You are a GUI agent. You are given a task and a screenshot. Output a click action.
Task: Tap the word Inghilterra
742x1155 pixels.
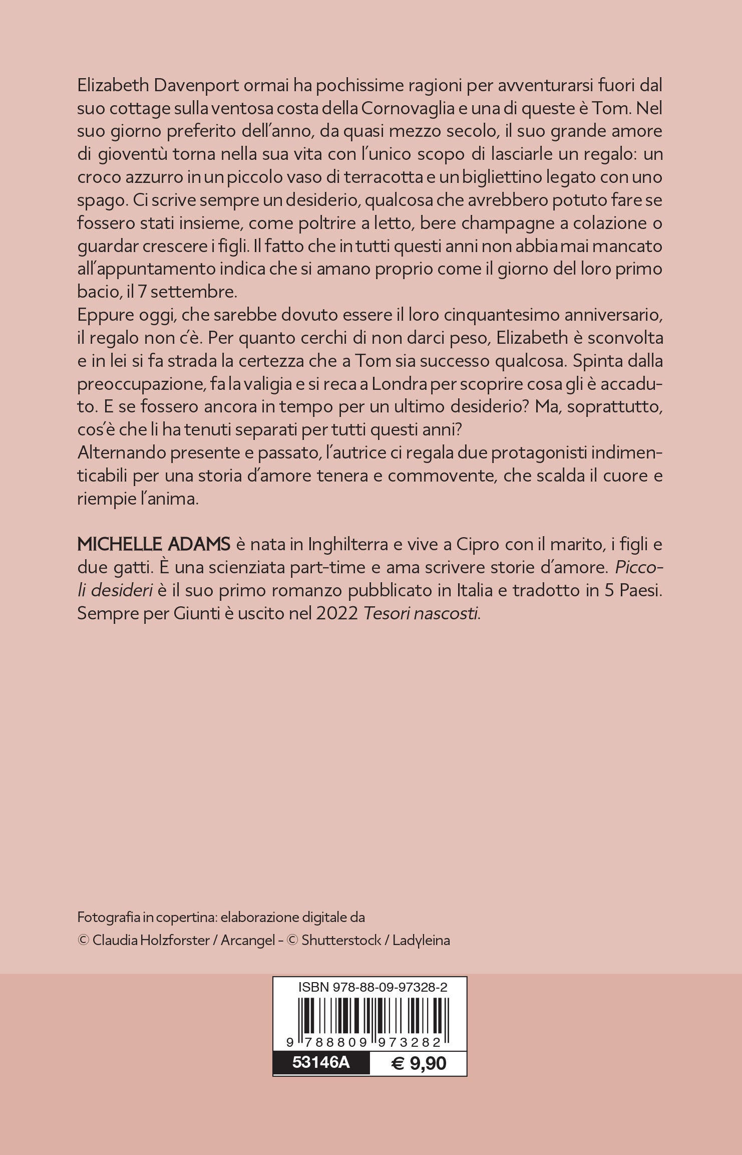[x=348, y=544]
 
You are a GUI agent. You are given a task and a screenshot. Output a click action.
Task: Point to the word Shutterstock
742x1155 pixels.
[x=341, y=940]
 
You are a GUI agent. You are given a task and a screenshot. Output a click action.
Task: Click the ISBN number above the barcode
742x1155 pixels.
[x=373, y=987]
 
